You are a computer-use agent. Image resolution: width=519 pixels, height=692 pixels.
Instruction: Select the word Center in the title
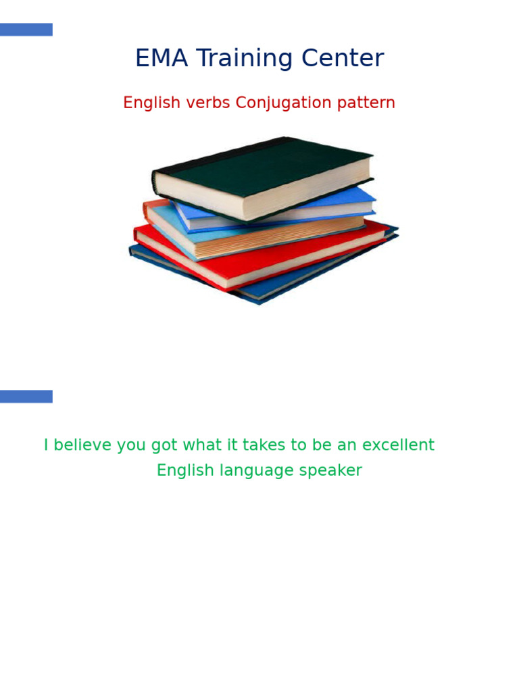(343, 59)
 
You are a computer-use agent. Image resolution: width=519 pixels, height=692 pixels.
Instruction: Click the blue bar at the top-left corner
(26, 30)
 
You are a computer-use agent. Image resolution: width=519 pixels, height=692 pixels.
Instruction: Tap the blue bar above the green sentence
(26, 396)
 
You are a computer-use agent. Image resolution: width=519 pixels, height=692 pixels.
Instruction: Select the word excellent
(398, 445)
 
